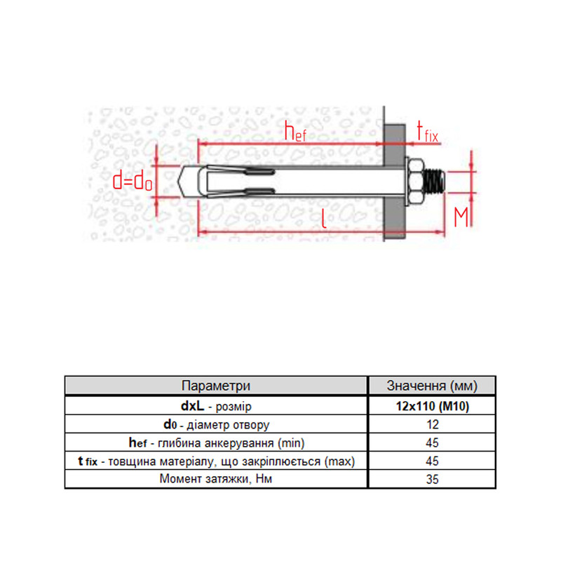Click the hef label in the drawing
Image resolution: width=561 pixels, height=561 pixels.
tap(295, 131)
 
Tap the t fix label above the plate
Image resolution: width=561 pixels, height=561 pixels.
tap(427, 132)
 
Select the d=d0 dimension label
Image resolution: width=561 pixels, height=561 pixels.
tap(133, 182)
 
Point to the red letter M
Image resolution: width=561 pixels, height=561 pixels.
tap(461, 217)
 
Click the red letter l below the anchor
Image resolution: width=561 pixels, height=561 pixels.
tap(324, 218)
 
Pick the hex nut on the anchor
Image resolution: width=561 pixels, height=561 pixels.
tap(415, 182)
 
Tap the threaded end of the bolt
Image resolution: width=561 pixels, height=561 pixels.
tap(434, 182)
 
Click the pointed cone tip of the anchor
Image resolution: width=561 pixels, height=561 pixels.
tap(188, 182)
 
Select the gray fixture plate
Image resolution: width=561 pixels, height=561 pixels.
tap(395, 182)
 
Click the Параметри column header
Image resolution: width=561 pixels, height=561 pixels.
tap(216, 386)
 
